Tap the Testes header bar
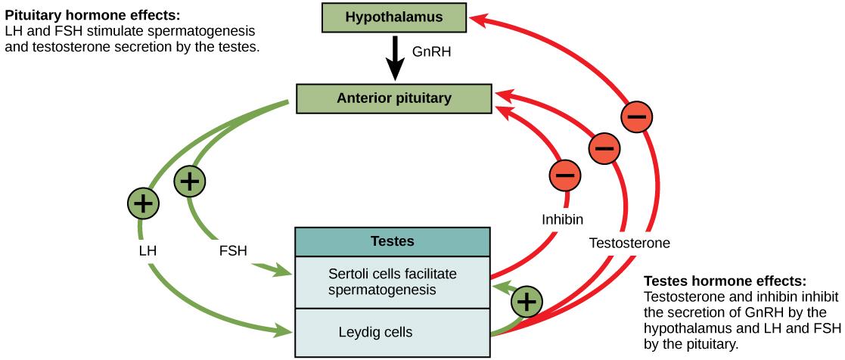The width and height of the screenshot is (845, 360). click(393, 241)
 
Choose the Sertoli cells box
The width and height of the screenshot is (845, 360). click(393, 281)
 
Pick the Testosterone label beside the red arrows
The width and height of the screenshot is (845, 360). click(629, 243)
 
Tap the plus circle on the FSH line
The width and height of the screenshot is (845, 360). click(190, 182)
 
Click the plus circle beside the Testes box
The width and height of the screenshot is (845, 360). click(527, 302)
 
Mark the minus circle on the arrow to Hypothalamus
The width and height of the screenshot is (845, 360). click(637, 117)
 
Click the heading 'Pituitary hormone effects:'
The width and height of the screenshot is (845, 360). click(73, 14)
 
